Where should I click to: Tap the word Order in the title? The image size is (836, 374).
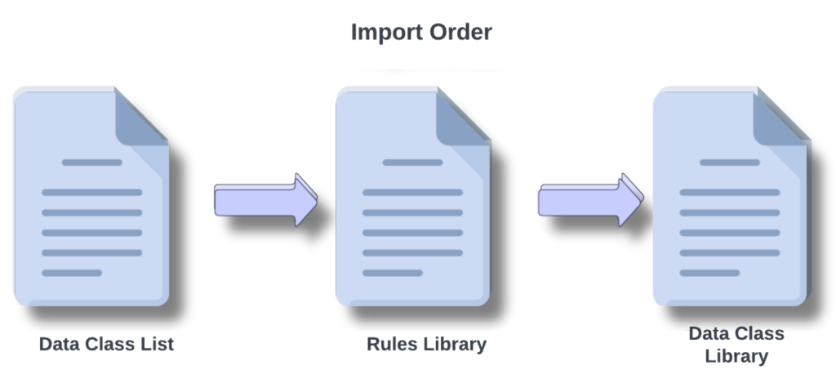[463, 33]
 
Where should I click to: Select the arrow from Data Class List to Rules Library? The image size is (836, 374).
[265, 199]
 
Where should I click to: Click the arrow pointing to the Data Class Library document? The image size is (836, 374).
[589, 199]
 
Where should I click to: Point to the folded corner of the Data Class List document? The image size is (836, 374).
[140, 116]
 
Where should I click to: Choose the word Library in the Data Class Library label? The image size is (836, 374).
[736, 356]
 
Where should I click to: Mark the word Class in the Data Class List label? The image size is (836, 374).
[110, 345]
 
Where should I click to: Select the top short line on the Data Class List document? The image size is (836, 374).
[91, 163]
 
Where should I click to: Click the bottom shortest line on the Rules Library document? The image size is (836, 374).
[392, 273]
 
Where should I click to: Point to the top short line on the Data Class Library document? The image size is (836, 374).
[729, 163]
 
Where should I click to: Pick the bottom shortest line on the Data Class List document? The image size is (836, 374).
[72, 273]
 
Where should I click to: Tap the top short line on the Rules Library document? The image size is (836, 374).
[412, 163]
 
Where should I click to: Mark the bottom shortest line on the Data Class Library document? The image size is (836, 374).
[709, 273]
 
